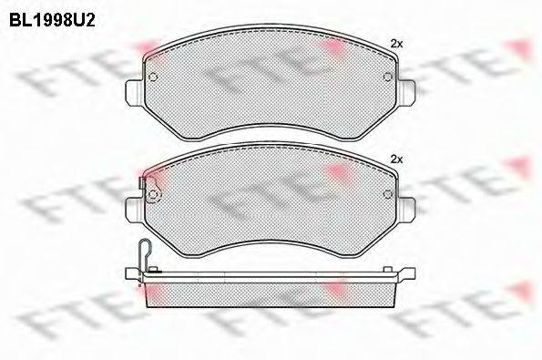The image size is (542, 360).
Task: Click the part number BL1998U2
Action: click(x=52, y=20)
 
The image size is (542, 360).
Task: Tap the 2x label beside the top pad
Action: click(x=396, y=44)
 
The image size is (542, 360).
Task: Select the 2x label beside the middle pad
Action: click(x=396, y=159)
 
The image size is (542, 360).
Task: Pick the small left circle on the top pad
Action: click(x=153, y=77)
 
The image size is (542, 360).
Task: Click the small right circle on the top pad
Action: click(x=388, y=77)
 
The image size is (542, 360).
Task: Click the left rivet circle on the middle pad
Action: click(x=153, y=195)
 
